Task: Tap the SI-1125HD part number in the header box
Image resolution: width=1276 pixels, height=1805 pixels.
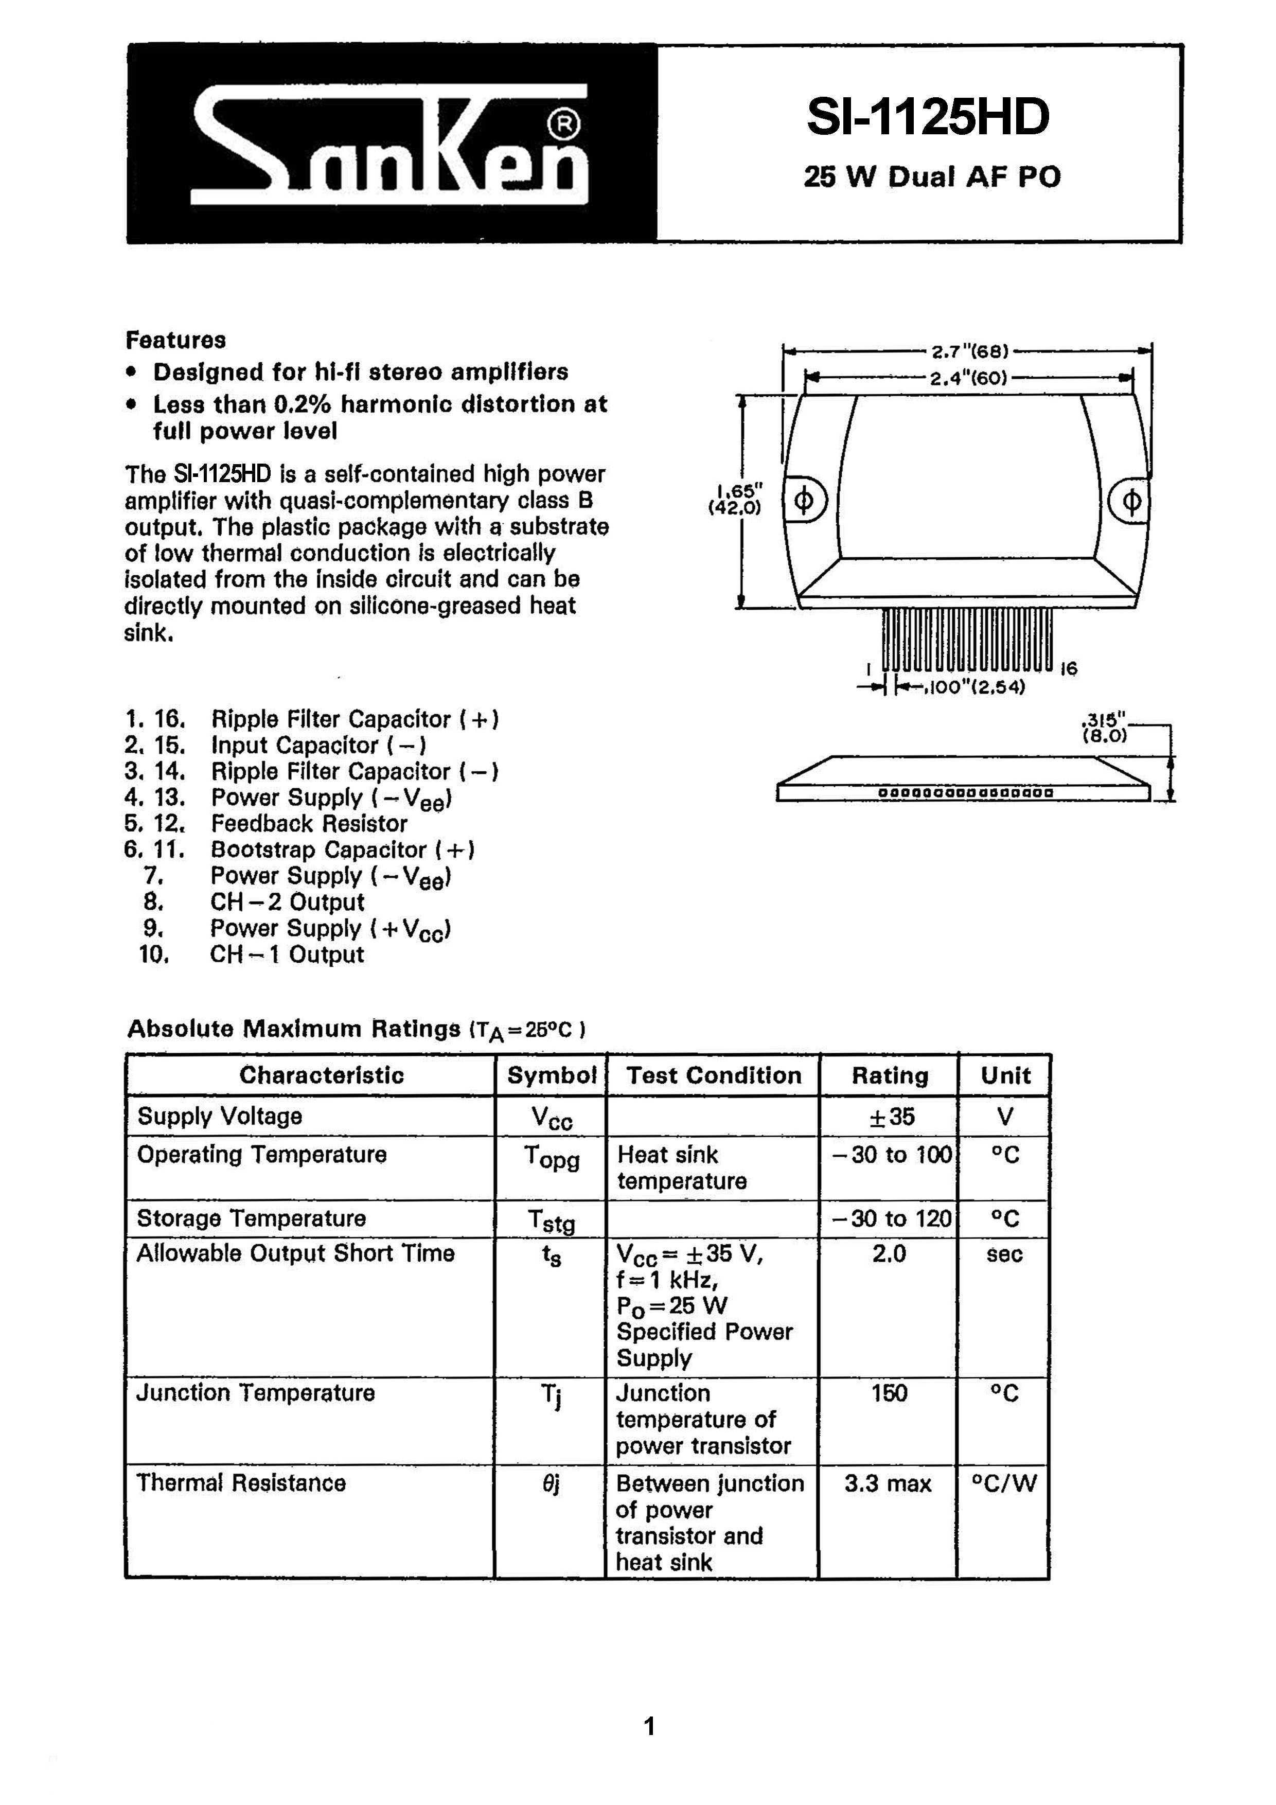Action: click(x=928, y=117)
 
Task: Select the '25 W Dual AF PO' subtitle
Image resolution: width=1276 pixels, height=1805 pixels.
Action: click(x=932, y=177)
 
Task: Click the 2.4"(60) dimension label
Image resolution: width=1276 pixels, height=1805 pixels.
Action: click(x=969, y=378)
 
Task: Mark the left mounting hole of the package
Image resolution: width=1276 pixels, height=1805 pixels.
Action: click(x=804, y=501)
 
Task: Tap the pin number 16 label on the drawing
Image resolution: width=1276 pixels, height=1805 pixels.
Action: click(x=1069, y=669)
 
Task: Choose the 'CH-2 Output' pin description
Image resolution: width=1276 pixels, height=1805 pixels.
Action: click(x=287, y=901)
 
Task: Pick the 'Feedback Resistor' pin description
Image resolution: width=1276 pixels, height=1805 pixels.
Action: click(x=309, y=823)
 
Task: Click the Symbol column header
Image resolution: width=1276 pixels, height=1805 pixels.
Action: click(x=551, y=1075)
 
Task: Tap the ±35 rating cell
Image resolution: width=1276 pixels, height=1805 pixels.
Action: click(x=891, y=1117)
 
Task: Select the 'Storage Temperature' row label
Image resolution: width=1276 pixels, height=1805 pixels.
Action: click(x=252, y=1218)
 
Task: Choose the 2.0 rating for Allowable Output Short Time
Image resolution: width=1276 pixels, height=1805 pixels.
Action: click(x=889, y=1253)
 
